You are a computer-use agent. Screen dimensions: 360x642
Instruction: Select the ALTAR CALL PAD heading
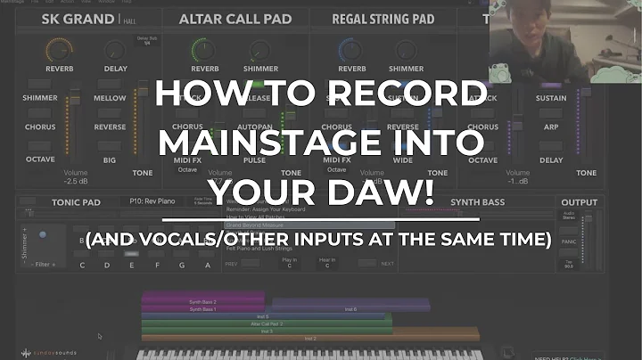pos(228,20)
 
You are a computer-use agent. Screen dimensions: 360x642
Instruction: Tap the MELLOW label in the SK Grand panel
pos(111,98)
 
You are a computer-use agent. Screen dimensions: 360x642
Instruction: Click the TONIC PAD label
pos(76,202)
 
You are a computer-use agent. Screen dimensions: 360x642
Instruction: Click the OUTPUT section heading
pos(579,202)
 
